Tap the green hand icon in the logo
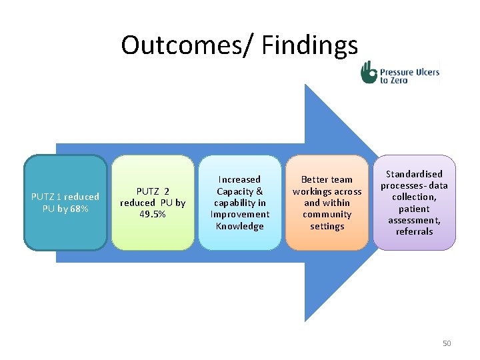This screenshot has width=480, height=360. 369,72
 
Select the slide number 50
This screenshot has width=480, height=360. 447,343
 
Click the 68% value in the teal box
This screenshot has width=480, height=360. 77,209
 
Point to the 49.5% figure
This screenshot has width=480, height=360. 153,215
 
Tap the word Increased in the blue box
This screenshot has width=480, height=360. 239,179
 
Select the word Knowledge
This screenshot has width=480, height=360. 239,226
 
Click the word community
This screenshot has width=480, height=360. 327,215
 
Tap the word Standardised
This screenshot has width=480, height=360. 414,174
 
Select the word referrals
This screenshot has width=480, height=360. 414,232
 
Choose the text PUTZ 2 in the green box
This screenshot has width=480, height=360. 153,191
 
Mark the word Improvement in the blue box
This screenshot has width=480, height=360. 239,215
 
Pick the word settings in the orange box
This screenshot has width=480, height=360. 327,226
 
